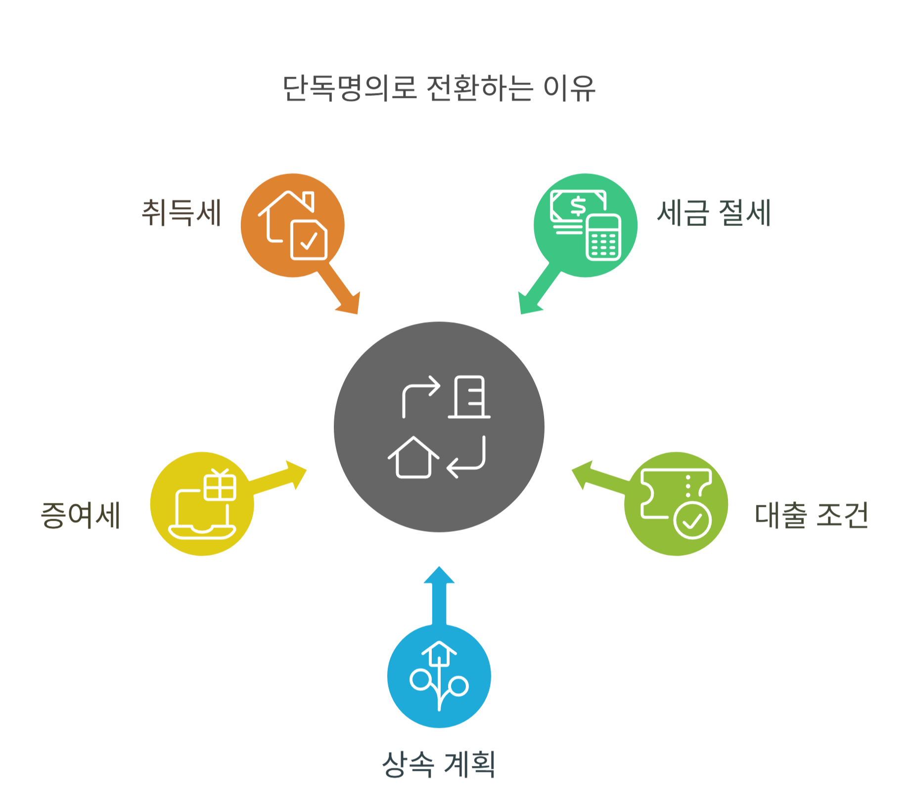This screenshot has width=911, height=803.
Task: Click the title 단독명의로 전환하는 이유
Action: [439, 89]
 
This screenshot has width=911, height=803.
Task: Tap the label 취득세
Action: [182, 213]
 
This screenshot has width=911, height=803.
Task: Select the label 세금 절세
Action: [714, 213]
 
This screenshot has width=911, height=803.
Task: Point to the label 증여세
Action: [81, 515]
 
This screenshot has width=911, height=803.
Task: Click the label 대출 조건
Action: [811, 515]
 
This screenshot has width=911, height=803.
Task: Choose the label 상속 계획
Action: [439, 764]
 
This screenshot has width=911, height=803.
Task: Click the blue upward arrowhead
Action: [439, 577]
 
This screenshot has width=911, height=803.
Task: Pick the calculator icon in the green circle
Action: [603, 237]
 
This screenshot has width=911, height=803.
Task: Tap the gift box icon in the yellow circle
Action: [220, 485]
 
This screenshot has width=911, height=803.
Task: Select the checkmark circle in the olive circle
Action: [692, 520]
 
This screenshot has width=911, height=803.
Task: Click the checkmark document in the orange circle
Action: [309, 240]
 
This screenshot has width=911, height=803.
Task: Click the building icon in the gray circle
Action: [469, 397]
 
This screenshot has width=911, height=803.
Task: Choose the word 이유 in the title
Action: [569, 89]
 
